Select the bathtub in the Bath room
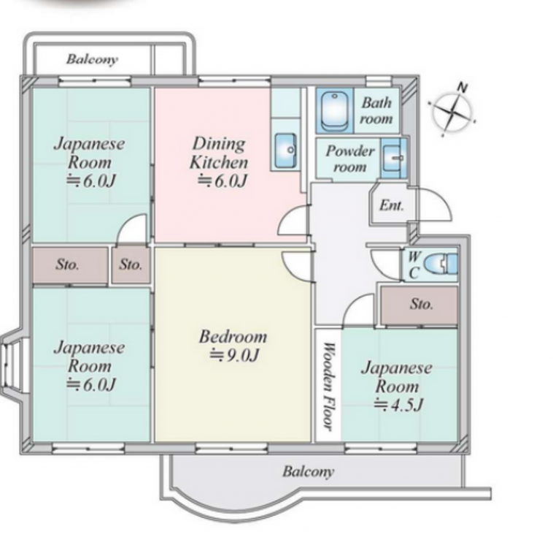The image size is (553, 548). click(x=334, y=110)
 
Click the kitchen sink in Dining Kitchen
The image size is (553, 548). click(x=285, y=151)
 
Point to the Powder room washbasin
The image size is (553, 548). click(x=393, y=158)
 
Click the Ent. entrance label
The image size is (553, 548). click(x=392, y=205)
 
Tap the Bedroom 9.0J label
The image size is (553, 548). click(x=233, y=346)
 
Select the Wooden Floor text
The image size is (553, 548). click(x=328, y=387)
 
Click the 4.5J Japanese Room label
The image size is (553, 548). click(x=397, y=387)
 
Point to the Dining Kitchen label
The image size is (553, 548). click(x=220, y=162)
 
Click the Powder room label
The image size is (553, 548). click(x=349, y=159)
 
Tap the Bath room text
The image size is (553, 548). click(x=376, y=110)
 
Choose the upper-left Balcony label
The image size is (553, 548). click(x=93, y=59)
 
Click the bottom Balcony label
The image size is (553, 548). click(x=309, y=472)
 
